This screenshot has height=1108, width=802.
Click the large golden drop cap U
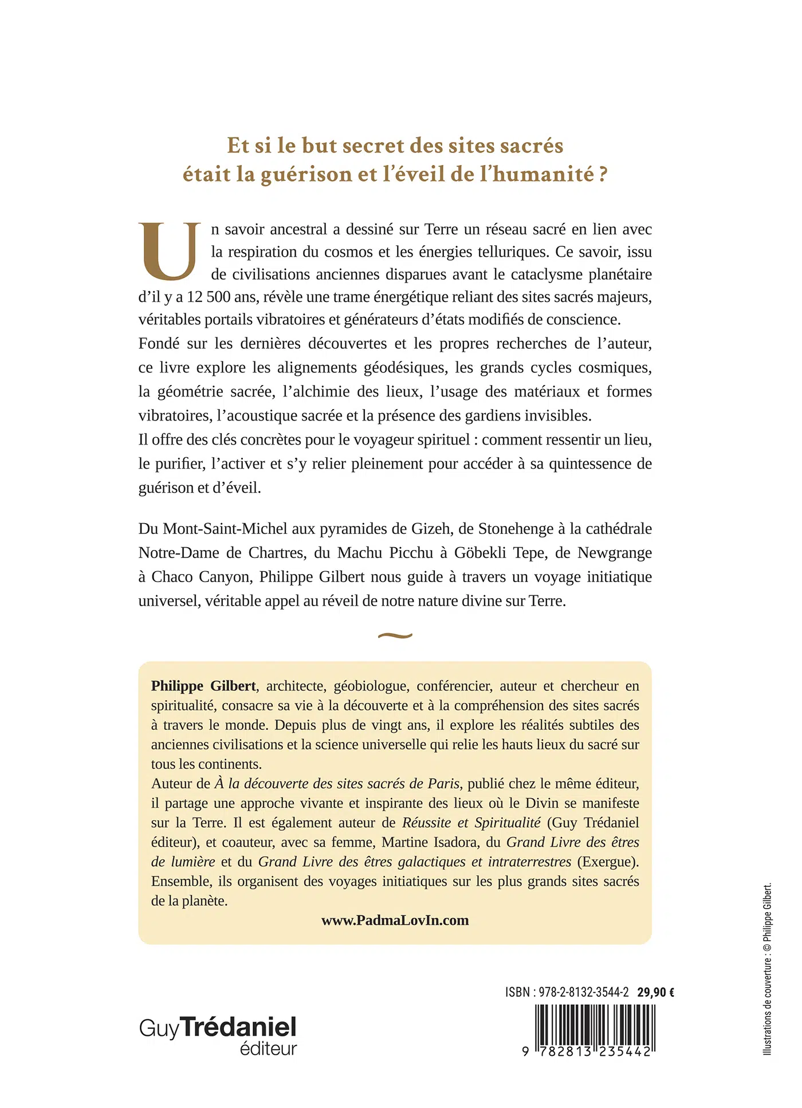pyautogui.click(x=170, y=252)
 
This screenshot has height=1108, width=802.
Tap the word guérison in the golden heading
pyautogui.click(x=306, y=174)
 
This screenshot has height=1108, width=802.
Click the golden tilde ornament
pyautogui.click(x=395, y=635)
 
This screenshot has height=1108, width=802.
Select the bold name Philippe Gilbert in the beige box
pyautogui.click(x=203, y=686)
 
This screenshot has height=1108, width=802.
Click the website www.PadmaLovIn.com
pyautogui.click(x=395, y=920)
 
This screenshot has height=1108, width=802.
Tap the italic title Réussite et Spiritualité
pyautogui.click(x=471, y=823)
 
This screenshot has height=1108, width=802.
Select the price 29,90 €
pyautogui.click(x=655, y=992)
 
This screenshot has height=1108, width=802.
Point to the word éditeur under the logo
pyautogui.click(x=268, y=1048)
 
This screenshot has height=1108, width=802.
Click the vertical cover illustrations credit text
pyautogui.click(x=768, y=968)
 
